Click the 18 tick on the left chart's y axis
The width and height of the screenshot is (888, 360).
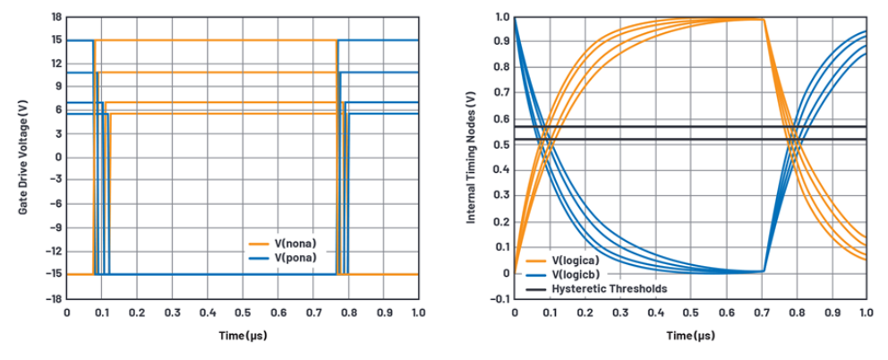coord(55,17)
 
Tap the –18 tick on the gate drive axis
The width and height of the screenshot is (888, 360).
coord(54,298)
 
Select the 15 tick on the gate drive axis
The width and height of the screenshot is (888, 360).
coord(55,40)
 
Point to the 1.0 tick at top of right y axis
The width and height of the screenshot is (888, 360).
coord(501,17)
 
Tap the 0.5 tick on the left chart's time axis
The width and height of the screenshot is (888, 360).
coord(243,313)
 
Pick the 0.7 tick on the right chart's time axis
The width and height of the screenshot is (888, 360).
coord(761,313)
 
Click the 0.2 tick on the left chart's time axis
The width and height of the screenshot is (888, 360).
coord(137,313)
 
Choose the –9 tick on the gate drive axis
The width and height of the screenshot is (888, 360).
coord(55,227)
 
